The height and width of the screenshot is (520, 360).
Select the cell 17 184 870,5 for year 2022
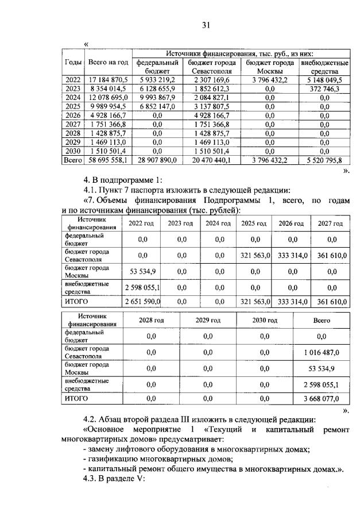tap(109, 80)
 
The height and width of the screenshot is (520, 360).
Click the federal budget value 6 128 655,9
tap(157, 88)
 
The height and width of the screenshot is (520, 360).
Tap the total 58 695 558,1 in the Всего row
tap(109, 160)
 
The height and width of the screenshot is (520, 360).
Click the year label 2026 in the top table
tap(73, 115)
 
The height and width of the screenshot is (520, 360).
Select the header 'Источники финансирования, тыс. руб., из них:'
tap(240, 53)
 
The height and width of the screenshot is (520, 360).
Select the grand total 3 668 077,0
tap(321, 397)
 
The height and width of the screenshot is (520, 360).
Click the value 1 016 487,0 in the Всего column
tap(321, 352)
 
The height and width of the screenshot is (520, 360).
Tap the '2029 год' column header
tap(208, 320)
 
